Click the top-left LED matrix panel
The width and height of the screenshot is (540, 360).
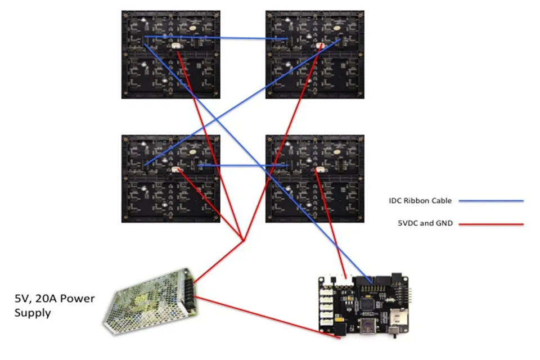[170, 54]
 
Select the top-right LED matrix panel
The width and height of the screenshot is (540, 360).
[314, 54]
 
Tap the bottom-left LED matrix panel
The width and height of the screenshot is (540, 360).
[170, 179]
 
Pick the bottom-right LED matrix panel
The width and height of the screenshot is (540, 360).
[314, 179]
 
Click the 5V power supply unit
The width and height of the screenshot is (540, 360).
[151, 300]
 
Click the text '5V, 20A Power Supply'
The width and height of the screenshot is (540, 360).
[54, 305]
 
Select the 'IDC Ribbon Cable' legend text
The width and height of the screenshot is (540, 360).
[420, 201]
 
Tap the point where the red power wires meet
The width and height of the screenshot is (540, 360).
[243, 241]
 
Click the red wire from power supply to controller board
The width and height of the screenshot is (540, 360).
[270, 317]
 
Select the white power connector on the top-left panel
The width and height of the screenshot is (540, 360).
[175, 46]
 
